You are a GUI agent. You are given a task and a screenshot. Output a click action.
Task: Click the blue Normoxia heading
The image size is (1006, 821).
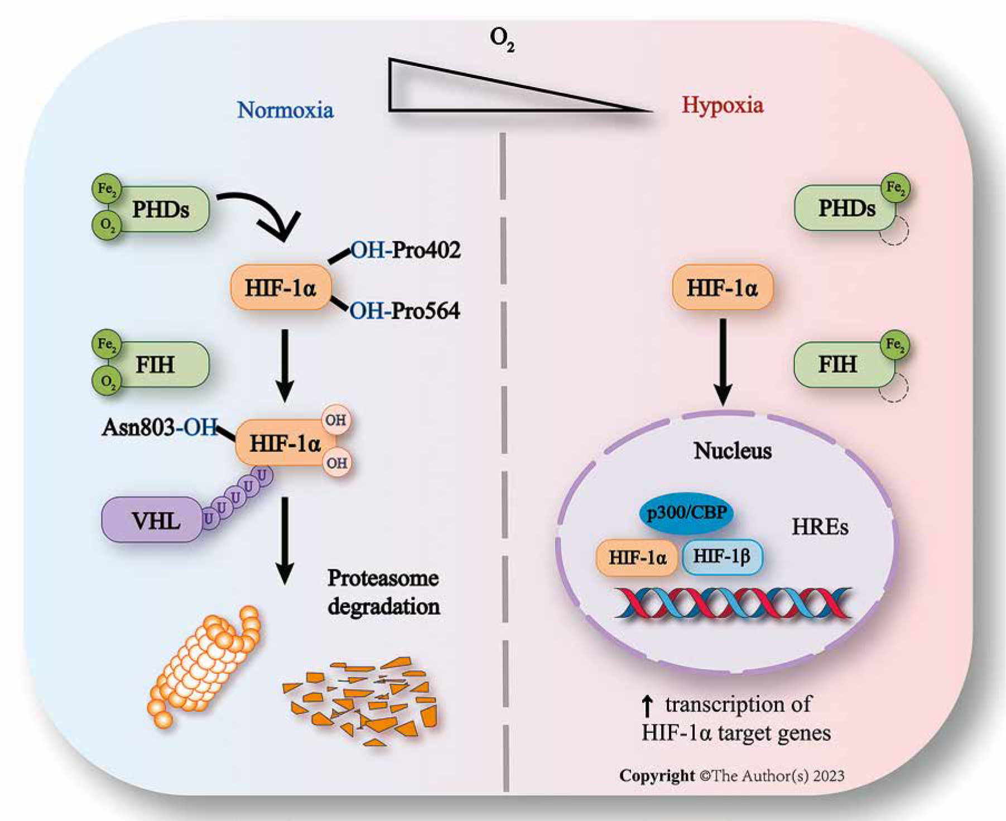(x=285, y=110)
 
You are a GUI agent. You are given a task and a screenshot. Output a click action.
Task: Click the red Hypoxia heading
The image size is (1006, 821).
(x=722, y=105)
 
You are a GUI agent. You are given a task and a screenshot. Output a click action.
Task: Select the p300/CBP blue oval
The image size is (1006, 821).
(x=686, y=512)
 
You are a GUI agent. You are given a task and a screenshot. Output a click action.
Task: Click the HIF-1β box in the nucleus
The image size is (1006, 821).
(x=722, y=556)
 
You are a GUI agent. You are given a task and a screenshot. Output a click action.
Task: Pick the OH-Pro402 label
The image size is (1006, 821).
(x=406, y=249)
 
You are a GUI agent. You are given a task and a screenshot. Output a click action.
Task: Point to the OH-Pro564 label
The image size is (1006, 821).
(x=405, y=311)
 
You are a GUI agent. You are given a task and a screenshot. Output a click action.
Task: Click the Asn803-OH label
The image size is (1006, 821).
(x=160, y=428)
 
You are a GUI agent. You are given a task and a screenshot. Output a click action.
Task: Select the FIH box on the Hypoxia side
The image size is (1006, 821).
(x=839, y=364)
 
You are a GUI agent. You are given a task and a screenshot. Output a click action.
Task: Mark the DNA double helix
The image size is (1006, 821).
(x=734, y=603)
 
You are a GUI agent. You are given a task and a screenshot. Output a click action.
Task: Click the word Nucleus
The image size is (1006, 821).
(x=733, y=450)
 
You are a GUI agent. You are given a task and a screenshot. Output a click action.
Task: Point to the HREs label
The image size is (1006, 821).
(x=820, y=527)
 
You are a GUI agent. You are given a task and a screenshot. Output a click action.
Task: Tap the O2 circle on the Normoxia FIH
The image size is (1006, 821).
(x=107, y=382)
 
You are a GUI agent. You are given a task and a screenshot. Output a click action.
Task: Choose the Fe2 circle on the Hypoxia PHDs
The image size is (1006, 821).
(x=896, y=188)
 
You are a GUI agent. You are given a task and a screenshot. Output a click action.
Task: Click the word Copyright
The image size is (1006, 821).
(x=657, y=776)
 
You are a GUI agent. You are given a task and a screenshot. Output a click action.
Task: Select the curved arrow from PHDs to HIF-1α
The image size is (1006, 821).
(x=262, y=212)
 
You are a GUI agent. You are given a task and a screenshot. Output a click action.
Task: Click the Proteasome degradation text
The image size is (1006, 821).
(x=383, y=592)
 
